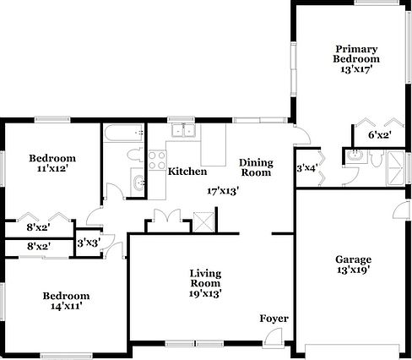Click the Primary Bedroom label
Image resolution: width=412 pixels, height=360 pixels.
[x=355, y=54]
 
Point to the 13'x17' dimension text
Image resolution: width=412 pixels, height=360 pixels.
[x=355, y=70]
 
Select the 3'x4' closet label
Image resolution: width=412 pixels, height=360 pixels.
[x=306, y=168]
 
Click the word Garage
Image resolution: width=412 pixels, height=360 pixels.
[x=353, y=259]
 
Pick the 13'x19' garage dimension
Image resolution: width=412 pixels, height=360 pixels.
[x=353, y=270]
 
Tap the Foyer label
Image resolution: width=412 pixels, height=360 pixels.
[x=274, y=319]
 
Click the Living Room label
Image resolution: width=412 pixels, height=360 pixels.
[x=204, y=278]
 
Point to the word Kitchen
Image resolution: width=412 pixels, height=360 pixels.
[x=187, y=172]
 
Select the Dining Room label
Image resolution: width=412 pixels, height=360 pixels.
[x=255, y=167]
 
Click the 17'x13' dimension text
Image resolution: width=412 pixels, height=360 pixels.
[x=224, y=190]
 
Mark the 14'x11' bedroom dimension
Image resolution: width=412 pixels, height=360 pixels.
[x=66, y=307]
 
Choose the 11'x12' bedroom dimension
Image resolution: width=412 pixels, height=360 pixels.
[x=52, y=169]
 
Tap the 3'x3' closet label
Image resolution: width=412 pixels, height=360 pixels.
[x=87, y=243]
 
